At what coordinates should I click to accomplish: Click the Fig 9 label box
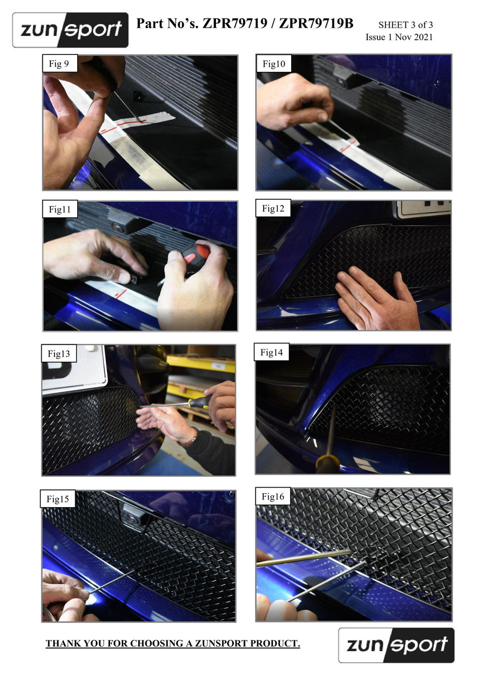tap(60, 63)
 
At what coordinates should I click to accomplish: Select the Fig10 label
tap(274, 63)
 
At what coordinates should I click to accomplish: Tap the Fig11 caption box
tap(60, 209)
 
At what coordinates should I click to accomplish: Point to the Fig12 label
tap(273, 208)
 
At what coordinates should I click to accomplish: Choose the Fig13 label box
tap(59, 353)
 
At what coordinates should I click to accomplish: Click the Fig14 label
tap(272, 352)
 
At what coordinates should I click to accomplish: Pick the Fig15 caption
tap(58, 499)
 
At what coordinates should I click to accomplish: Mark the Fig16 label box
tap(273, 496)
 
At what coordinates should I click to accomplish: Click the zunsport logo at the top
tap(70, 30)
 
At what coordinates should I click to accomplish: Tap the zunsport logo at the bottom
tap(396, 645)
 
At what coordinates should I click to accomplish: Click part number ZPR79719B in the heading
tap(316, 23)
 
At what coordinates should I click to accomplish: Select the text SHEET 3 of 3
tap(405, 25)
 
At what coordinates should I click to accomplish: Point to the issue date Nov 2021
tap(414, 37)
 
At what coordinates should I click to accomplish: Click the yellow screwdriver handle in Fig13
tap(198, 402)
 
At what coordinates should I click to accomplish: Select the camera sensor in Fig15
tap(132, 519)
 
